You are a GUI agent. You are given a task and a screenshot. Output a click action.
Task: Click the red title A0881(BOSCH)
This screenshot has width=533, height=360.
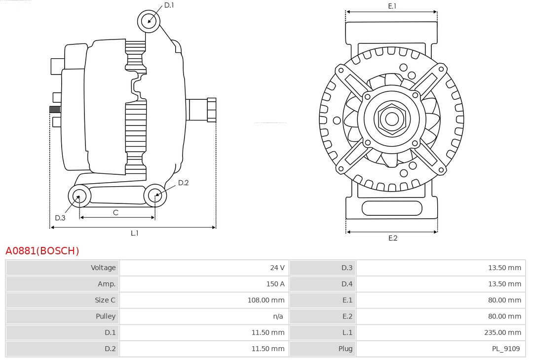[x=42, y=251]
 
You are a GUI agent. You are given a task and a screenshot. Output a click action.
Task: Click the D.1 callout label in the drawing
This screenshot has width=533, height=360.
[x=169, y=5]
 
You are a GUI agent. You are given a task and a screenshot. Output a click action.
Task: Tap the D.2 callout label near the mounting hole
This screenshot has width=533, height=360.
[x=183, y=183]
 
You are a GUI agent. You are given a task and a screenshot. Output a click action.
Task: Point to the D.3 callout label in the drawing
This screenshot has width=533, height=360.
[x=60, y=218]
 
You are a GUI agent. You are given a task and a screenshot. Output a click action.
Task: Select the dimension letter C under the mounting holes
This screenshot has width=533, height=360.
[x=115, y=212]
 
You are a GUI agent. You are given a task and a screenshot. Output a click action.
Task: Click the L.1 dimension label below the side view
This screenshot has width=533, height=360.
[x=134, y=233]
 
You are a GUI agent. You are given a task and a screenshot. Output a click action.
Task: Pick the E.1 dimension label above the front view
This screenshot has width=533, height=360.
[x=392, y=6]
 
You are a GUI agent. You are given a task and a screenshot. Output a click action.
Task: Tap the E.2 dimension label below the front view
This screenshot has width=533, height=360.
[x=392, y=238]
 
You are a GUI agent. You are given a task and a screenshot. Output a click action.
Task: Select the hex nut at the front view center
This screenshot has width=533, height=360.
[x=392, y=119]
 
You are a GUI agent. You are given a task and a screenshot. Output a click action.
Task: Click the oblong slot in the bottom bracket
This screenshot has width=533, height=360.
[x=392, y=208]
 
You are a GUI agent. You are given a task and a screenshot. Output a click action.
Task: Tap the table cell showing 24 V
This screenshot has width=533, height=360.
[x=277, y=268]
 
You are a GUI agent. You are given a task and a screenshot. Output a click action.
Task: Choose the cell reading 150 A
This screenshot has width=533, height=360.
[x=275, y=284]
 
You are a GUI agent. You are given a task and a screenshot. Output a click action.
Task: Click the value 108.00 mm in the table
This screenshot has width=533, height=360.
[x=266, y=300]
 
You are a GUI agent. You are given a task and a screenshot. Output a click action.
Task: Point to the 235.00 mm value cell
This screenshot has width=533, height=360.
[x=502, y=333]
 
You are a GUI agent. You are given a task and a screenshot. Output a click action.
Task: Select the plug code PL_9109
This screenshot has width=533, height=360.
[x=505, y=349]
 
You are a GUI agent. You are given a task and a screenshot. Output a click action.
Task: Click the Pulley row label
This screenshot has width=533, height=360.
[x=106, y=316]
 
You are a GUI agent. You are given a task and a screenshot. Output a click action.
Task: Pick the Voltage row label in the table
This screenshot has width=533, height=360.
[x=103, y=268]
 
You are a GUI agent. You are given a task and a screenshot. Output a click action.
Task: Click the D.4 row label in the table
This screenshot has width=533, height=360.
[x=347, y=284]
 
